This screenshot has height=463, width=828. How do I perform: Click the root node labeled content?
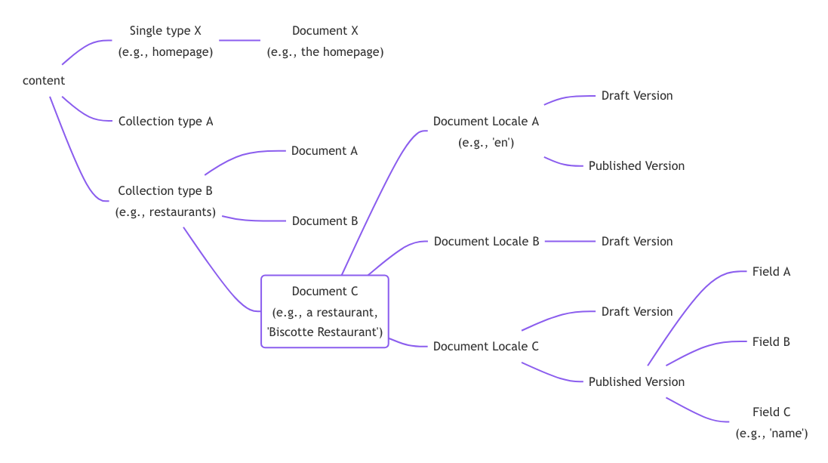pyautogui.click(x=44, y=81)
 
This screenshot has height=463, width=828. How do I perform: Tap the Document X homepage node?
pyautogui.click(x=325, y=42)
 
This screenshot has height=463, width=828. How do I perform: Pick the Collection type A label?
pyautogui.click(x=165, y=121)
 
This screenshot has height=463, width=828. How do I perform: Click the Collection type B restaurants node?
pyautogui.click(x=165, y=201)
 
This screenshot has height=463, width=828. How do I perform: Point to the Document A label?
pyautogui.click(x=325, y=150)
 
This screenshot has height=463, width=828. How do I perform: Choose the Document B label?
pyautogui.click(x=325, y=221)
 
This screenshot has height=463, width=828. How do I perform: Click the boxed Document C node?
pyautogui.click(x=325, y=311)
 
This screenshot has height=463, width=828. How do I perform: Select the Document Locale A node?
pyautogui.click(x=486, y=131)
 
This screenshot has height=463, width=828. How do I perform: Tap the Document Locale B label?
pyautogui.click(x=486, y=241)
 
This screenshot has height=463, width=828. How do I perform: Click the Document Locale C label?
pyautogui.click(x=486, y=346)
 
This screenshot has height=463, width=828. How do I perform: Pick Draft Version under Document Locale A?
pyautogui.click(x=637, y=95)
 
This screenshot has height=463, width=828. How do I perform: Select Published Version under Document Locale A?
pyautogui.click(x=636, y=165)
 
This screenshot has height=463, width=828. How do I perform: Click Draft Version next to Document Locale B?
pyautogui.click(x=637, y=241)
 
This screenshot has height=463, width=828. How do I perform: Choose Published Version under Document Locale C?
pyautogui.click(x=636, y=381)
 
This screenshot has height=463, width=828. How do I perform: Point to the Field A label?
pyautogui.click(x=771, y=271)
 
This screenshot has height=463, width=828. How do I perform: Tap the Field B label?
pyautogui.click(x=771, y=341)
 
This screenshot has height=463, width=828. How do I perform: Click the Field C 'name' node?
pyautogui.click(x=771, y=422)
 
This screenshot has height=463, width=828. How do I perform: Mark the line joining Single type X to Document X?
pyautogui.click(x=239, y=40)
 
